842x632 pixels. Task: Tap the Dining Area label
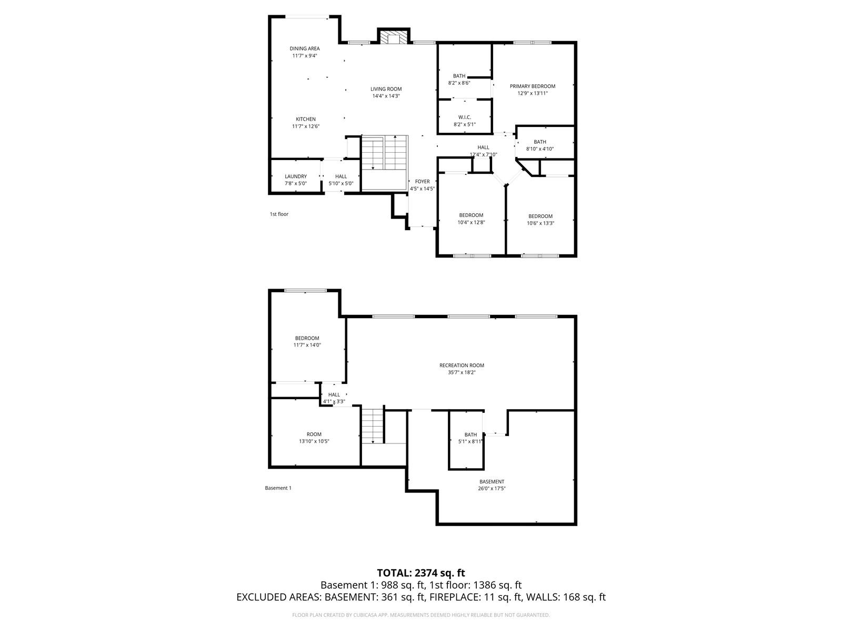click(x=305, y=48)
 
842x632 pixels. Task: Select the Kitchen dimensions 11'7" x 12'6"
click(x=306, y=126)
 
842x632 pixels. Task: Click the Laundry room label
click(x=296, y=176)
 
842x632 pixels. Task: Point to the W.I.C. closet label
click(x=465, y=117)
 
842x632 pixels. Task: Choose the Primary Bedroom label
click(x=532, y=86)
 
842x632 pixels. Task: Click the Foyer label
click(x=422, y=182)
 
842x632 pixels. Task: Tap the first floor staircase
click(x=385, y=153)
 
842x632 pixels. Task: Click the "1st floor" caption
click(x=279, y=214)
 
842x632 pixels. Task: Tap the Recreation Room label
click(x=462, y=366)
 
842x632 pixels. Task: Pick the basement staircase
click(x=373, y=427)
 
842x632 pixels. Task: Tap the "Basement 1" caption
click(x=278, y=488)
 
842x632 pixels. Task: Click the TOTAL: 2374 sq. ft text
click(x=421, y=572)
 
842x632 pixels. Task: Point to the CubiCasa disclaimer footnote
click(x=421, y=615)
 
